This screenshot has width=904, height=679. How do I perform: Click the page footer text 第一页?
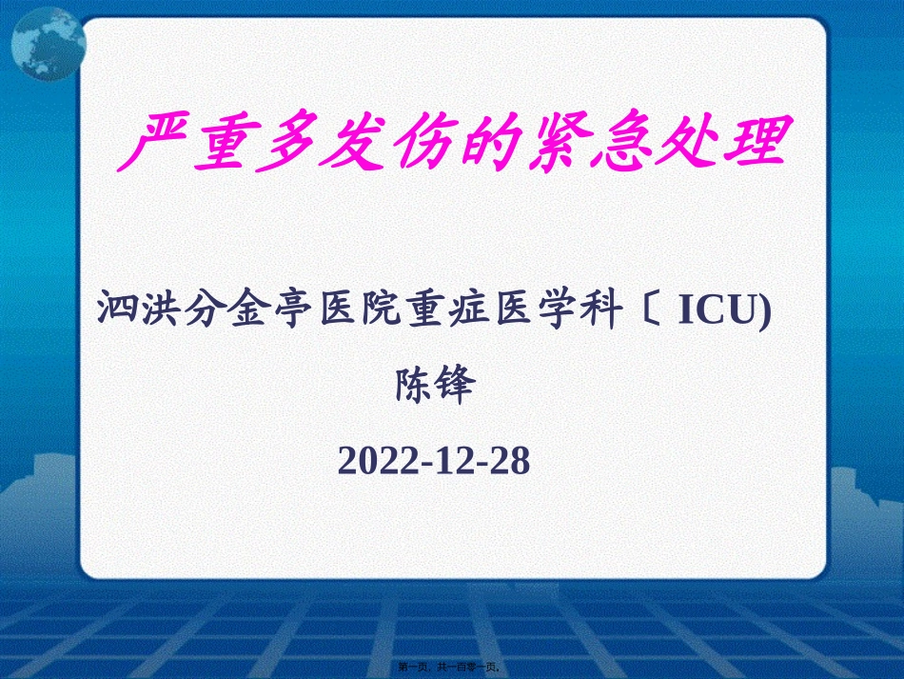click(x=418, y=668)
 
